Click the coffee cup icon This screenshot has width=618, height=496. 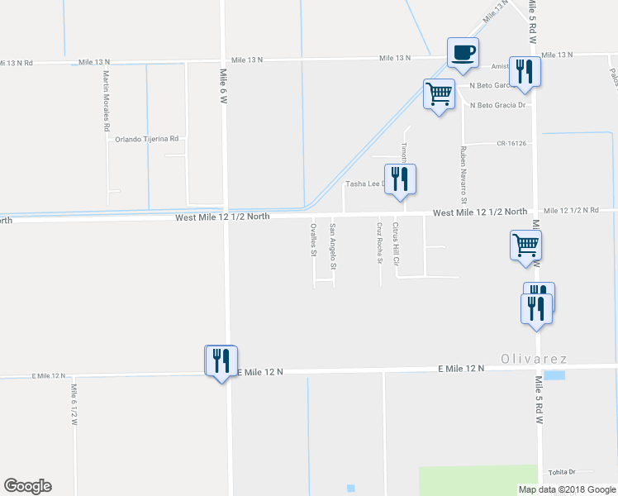coord(463,52)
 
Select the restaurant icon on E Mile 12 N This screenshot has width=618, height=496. coord(221,360)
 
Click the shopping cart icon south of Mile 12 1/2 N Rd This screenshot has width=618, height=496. coord(526,245)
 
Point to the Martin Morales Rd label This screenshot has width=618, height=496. coord(107,102)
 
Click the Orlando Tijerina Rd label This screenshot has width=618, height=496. coord(147,139)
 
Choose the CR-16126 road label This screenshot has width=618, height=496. coord(511,143)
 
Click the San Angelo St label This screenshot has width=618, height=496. coord(333,246)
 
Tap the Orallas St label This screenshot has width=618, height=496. coord(313,240)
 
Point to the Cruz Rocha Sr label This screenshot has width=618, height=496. coord(379,242)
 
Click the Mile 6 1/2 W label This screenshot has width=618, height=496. coord(74,405)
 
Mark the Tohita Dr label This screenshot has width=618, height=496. coord(560,472)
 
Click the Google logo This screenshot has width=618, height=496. coord(27,486)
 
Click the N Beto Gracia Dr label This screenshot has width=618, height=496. coord(497,105)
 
